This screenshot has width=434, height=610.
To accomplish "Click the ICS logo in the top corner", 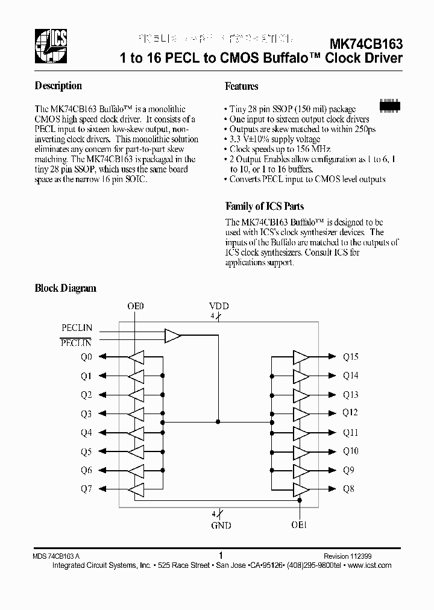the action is (x=51, y=46).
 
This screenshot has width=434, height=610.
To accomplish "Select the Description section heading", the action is (x=58, y=86).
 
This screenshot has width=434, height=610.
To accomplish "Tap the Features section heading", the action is (x=241, y=86).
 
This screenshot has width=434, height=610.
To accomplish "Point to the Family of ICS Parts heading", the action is (x=264, y=206).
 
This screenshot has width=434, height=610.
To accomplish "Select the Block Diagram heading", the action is (x=65, y=288).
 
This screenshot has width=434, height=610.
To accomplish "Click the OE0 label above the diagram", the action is (x=136, y=306).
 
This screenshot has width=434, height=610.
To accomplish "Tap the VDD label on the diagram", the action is (x=219, y=306).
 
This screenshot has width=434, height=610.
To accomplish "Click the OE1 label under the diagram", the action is (x=300, y=526).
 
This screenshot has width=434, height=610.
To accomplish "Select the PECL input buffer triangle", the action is (x=173, y=336).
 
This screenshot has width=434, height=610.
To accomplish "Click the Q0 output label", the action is (x=86, y=357).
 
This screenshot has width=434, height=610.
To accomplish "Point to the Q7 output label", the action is (x=86, y=489).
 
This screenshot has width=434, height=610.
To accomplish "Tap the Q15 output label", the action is (x=350, y=357).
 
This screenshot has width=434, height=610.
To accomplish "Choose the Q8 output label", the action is (x=348, y=489).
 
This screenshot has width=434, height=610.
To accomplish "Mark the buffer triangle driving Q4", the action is (x=136, y=433).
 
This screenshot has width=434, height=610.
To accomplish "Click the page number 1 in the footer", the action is (x=221, y=556).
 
